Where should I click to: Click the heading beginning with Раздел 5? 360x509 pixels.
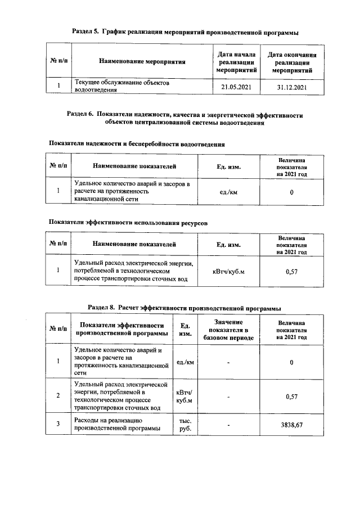tap(185, 33)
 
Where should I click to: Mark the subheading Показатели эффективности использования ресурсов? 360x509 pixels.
tap(128, 223)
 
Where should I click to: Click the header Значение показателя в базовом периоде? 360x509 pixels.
tap(228, 329)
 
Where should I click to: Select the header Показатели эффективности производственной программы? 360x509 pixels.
tap(122, 329)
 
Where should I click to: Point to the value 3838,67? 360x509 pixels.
tap(291, 425)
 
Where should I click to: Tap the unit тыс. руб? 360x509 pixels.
tap(185, 425)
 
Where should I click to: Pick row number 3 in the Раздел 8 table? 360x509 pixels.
tap(58, 425)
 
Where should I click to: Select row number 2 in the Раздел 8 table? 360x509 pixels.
tap(58, 396)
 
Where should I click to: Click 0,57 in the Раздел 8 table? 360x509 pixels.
tap(291, 396)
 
